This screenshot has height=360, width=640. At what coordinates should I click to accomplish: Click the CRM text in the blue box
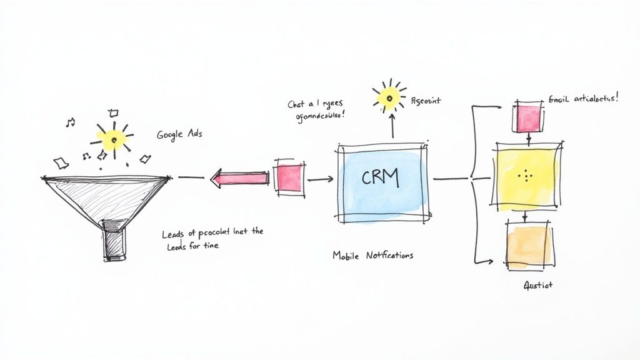pos(379,178)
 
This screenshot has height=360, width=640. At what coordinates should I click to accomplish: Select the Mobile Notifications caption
pos(372,255)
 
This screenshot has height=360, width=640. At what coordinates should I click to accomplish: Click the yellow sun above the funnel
pos(113,139)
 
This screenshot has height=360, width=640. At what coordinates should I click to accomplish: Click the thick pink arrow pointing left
pos(241,179)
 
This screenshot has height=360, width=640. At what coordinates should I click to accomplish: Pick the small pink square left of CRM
pos(289,177)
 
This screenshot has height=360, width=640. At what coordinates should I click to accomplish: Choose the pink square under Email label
pos(527,119)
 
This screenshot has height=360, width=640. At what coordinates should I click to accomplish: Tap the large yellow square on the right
pos(526,176)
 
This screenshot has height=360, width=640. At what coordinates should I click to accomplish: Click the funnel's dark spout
pos(115,241)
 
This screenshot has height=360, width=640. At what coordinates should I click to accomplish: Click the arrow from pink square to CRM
pos(321,179)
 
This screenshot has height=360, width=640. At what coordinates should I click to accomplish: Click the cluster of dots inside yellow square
pos(526,176)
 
